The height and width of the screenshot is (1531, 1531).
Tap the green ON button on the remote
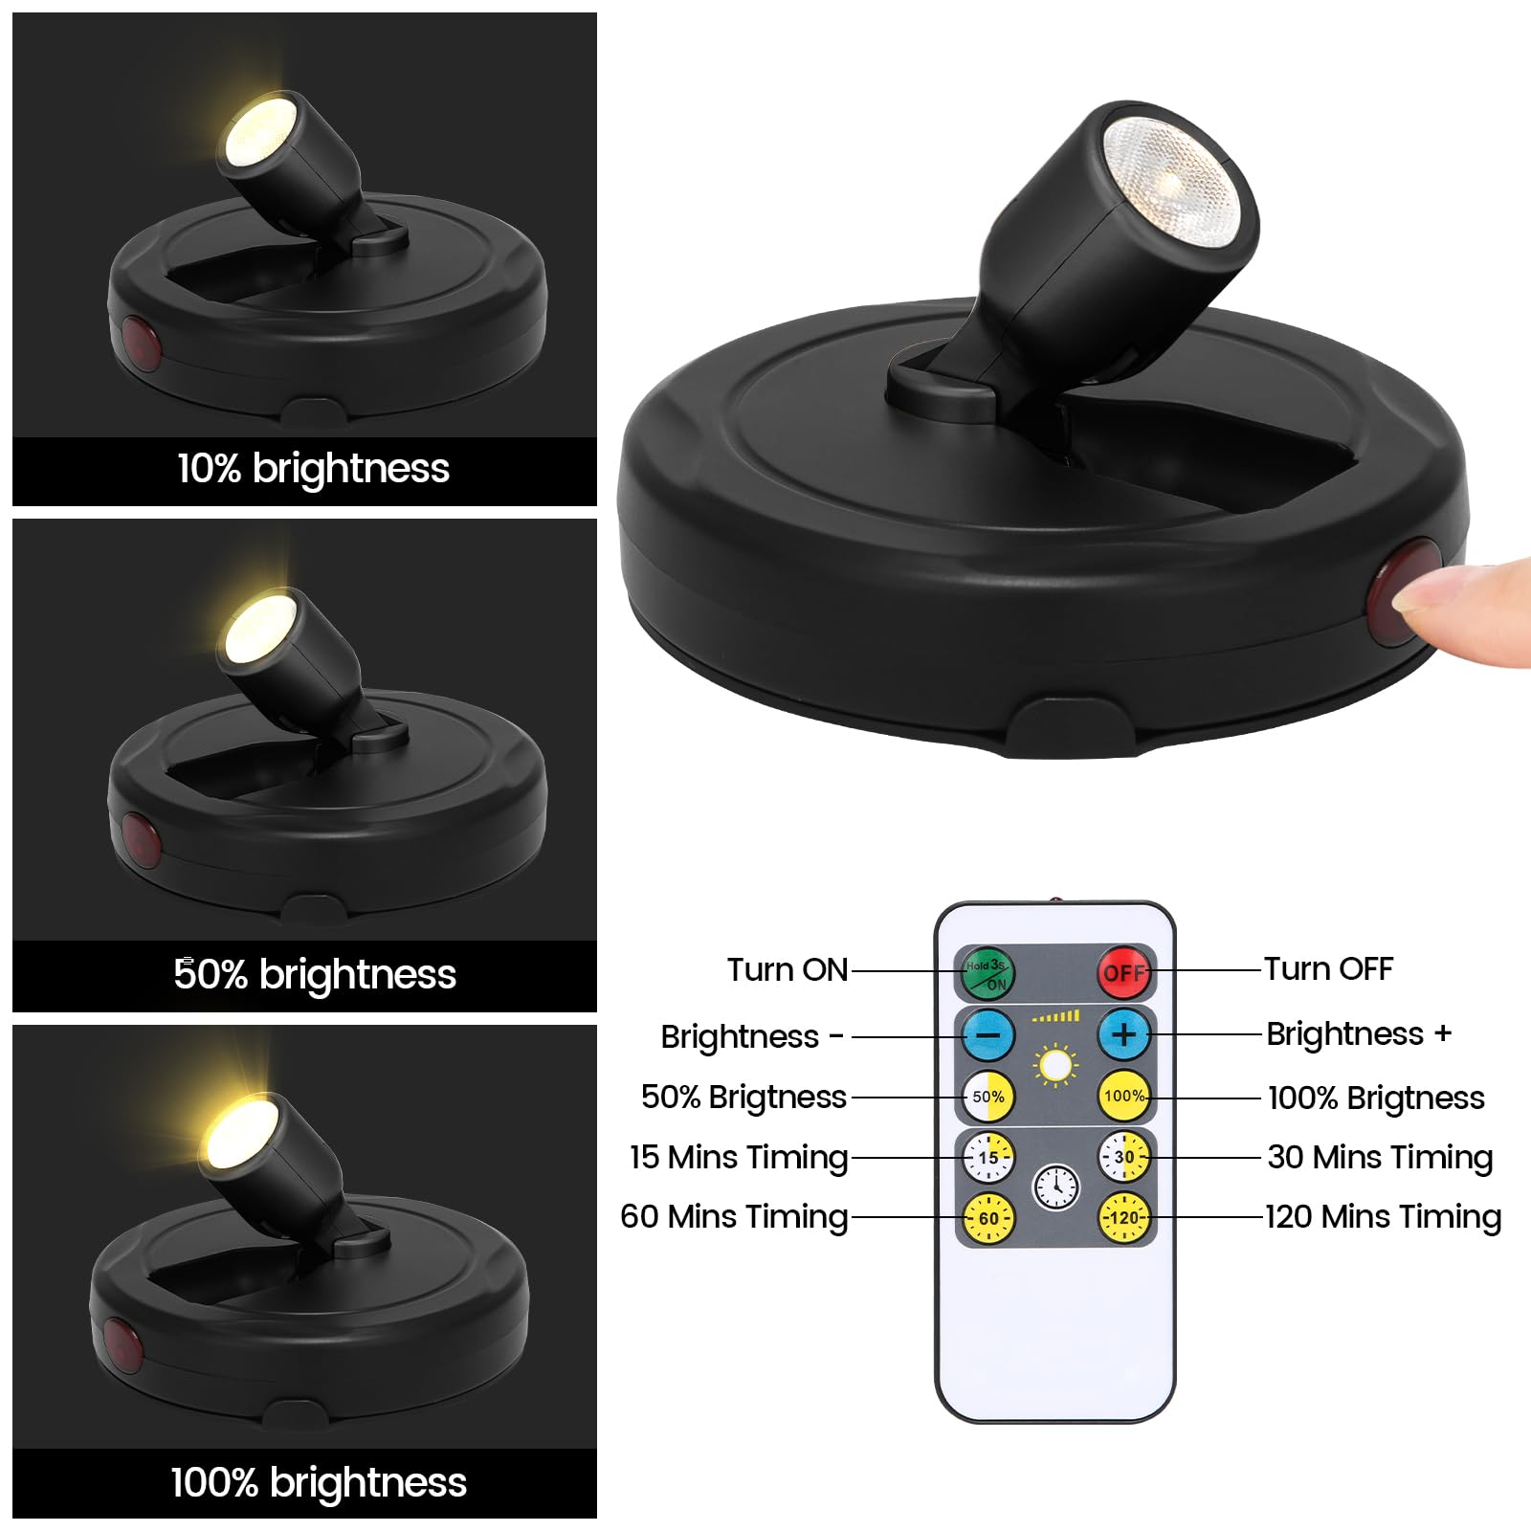[x=987, y=973]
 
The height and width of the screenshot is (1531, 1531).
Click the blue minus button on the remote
[x=987, y=1034]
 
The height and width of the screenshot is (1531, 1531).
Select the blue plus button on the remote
[x=1124, y=1034]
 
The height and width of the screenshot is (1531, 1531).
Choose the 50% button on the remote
[x=987, y=1097]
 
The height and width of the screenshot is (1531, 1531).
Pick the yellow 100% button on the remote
[x=1124, y=1097]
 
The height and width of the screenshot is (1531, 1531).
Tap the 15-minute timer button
[x=987, y=1157]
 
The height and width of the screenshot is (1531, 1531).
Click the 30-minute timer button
[x=1124, y=1157]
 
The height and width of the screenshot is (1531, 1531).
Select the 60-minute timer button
[x=987, y=1218]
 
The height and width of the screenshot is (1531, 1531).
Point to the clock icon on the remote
[x=1056, y=1187]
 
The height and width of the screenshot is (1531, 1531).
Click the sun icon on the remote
[x=1056, y=1065]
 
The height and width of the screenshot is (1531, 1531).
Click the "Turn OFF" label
[x=1328, y=968]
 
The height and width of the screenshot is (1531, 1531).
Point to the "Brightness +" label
[x=1359, y=1034]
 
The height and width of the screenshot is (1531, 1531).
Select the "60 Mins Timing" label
[x=734, y=1217]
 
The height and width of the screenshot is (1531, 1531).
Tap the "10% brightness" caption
[x=313, y=469]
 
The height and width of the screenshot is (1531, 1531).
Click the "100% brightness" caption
[x=319, y=1482]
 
